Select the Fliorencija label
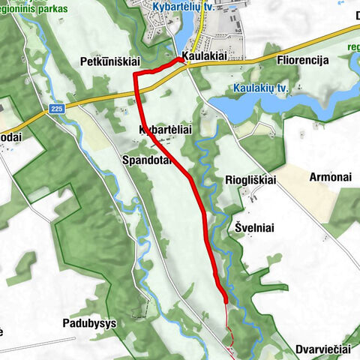pos(303,61)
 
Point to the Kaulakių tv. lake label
pos(261,88)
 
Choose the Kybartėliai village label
pos(166,130)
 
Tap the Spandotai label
pos(148,160)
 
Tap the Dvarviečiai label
pos(323,349)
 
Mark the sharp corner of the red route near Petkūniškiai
pos(135,73)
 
